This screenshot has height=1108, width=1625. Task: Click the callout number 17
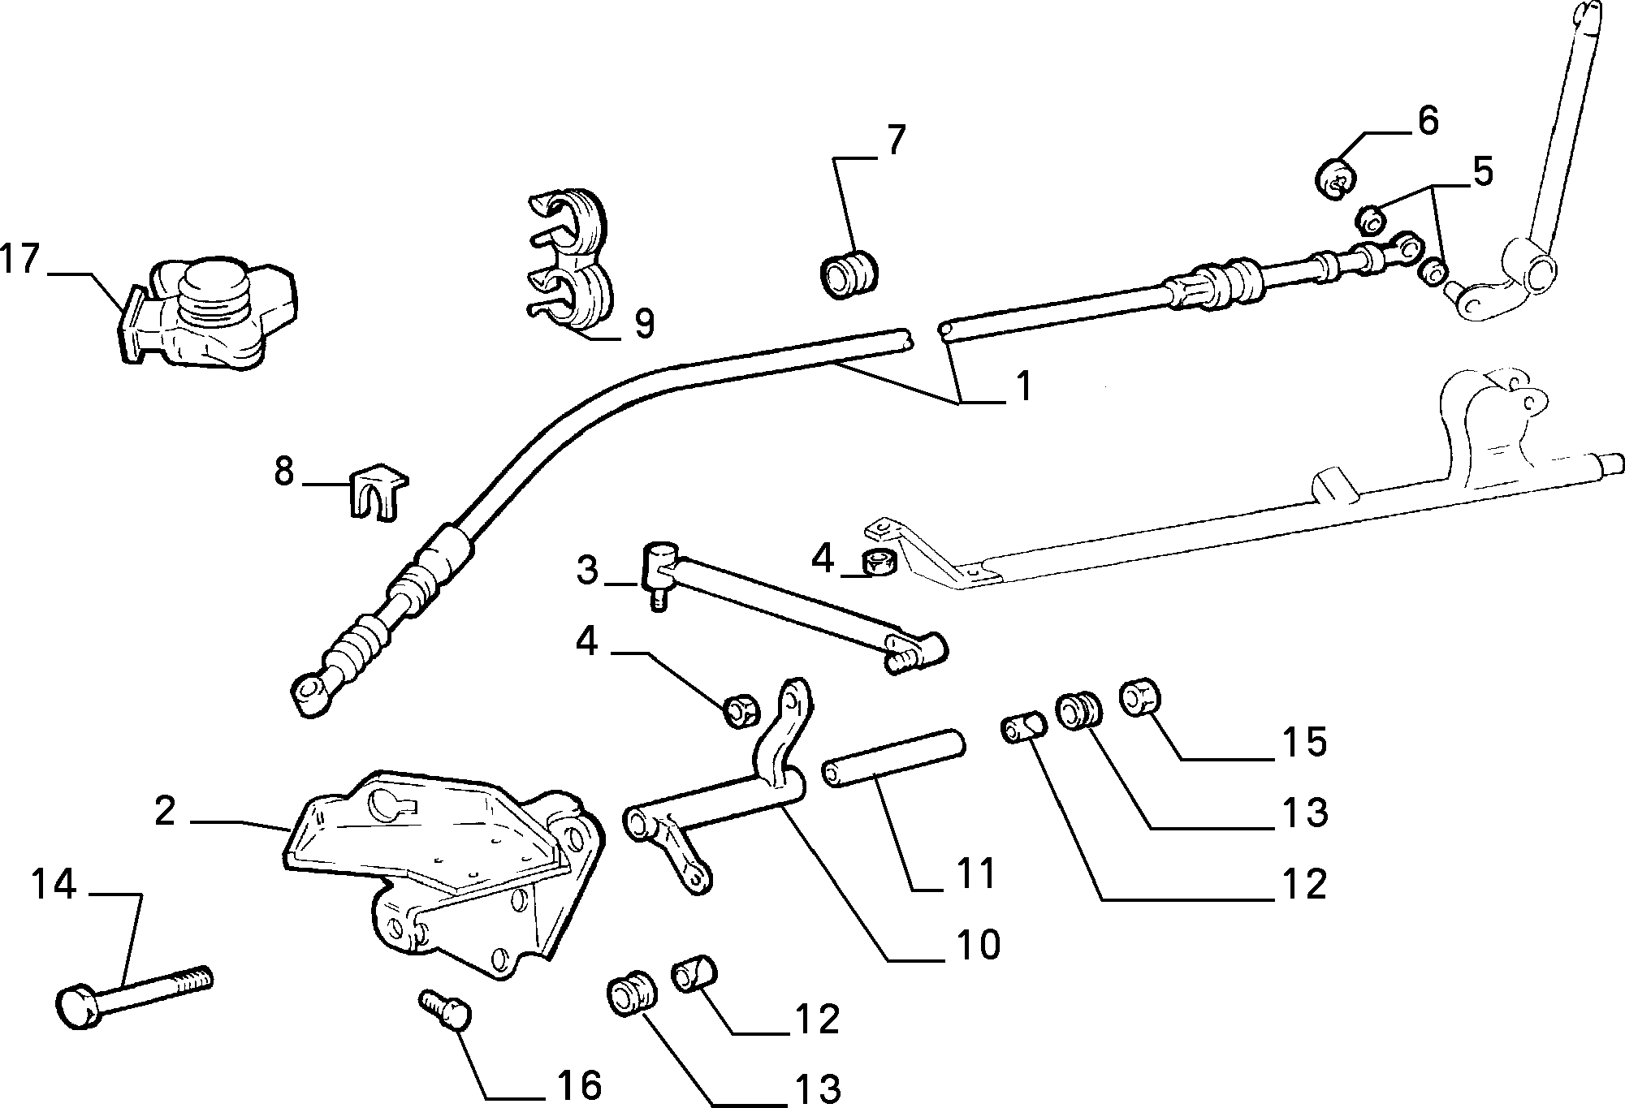tap(19, 259)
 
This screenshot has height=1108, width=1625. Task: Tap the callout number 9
tap(643, 323)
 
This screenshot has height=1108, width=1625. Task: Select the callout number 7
tap(894, 140)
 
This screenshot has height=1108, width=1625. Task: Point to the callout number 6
tap(1428, 120)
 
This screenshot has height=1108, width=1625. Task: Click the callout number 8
tap(283, 470)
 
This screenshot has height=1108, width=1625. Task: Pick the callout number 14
tap(54, 884)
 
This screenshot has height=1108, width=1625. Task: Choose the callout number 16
tap(579, 1084)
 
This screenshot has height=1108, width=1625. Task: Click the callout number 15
tap(1304, 741)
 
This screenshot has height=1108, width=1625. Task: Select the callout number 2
tap(165, 810)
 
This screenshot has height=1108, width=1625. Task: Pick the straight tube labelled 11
tap(893, 757)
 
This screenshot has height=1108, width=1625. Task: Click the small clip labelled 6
tap(1335, 179)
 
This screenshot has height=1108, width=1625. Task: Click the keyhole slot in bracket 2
tap(388, 803)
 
